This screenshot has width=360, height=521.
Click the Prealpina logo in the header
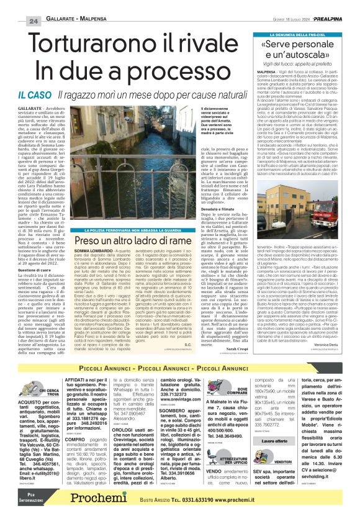pyautogui.click(x=333, y=21)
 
